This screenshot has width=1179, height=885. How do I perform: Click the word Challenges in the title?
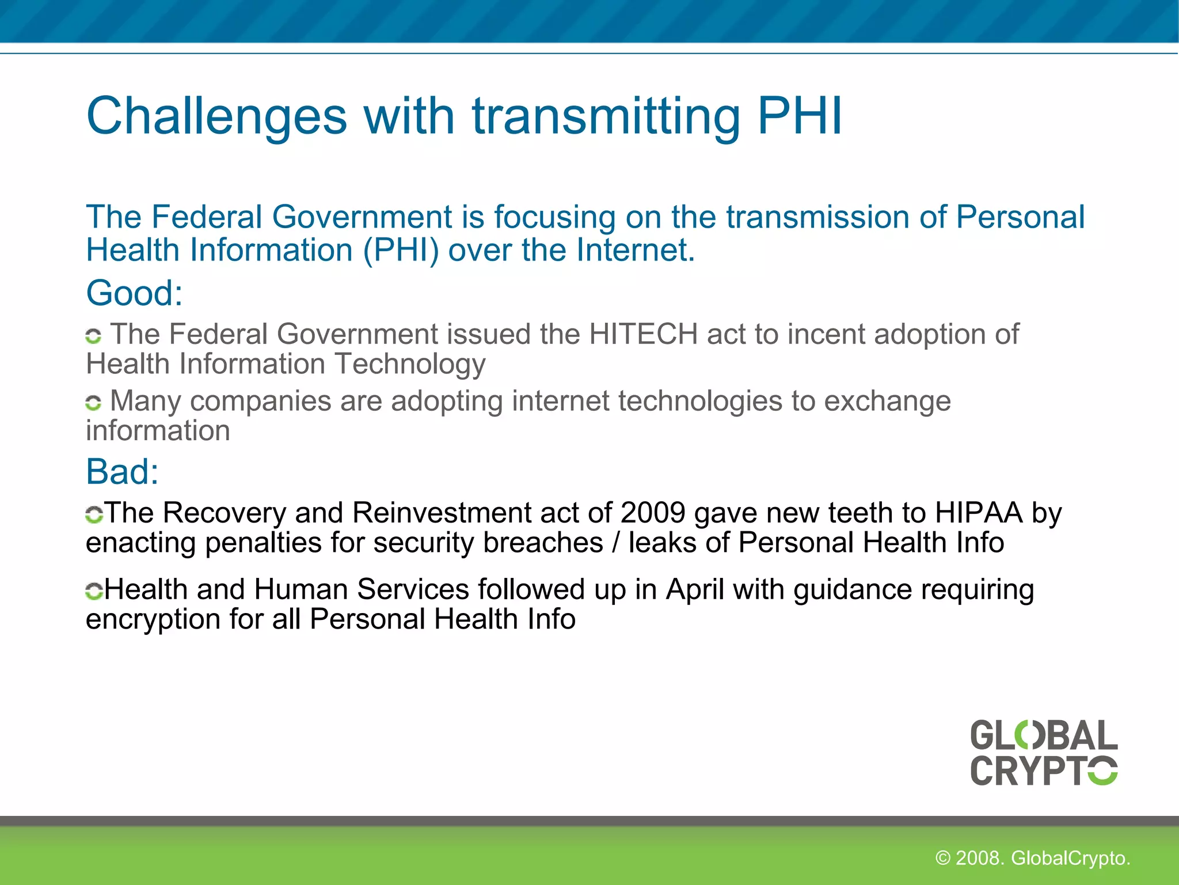(216, 117)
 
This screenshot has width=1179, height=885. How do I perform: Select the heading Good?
(134, 293)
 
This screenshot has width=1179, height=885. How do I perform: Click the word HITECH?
(643, 334)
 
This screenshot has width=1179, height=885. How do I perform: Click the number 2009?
(653, 512)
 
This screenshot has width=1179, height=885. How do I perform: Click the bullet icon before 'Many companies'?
(93, 402)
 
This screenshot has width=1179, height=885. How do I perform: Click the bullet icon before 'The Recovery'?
(94, 514)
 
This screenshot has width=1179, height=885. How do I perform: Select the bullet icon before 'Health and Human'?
(94, 591)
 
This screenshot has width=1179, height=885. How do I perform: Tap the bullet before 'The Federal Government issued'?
(93, 335)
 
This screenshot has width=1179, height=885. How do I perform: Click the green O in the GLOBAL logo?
(1028, 736)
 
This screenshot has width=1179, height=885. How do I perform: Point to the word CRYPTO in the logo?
(1044, 770)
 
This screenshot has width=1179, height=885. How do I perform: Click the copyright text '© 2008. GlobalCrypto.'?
(1033, 858)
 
